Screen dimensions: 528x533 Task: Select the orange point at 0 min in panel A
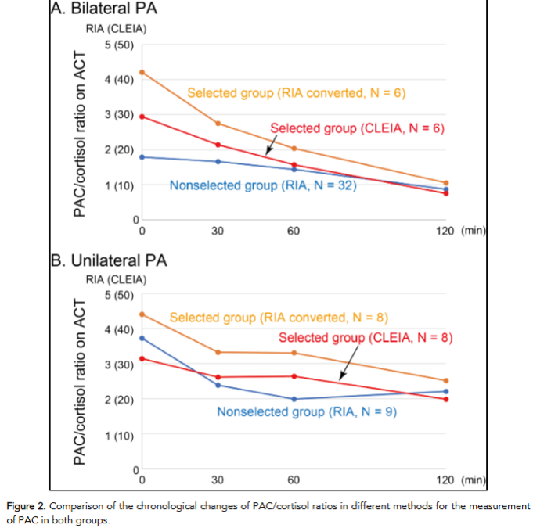[x=142, y=72]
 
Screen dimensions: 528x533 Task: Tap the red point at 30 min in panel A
[x=218, y=145]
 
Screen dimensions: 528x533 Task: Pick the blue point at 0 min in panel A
[x=142, y=157]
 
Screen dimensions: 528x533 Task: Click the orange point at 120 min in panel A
[x=446, y=183]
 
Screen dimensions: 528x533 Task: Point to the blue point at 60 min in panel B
[x=294, y=399]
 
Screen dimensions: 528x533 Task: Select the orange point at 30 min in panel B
[x=218, y=352]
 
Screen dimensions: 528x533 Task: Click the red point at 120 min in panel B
[x=446, y=399]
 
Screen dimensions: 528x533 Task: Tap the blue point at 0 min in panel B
[x=142, y=338]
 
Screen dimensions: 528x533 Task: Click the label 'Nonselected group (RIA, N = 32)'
[x=255, y=186]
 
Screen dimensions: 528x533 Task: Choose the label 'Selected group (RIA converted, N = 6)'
[x=296, y=93]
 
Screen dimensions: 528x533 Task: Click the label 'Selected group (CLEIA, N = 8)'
[x=366, y=338]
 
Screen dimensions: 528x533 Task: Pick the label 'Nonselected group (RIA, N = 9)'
[x=306, y=411]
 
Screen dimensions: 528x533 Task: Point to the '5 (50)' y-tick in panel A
[x=119, y=45]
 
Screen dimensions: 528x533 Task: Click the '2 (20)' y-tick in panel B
[x=119, y=399]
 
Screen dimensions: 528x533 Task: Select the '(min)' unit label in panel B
[x=474, y=480]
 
